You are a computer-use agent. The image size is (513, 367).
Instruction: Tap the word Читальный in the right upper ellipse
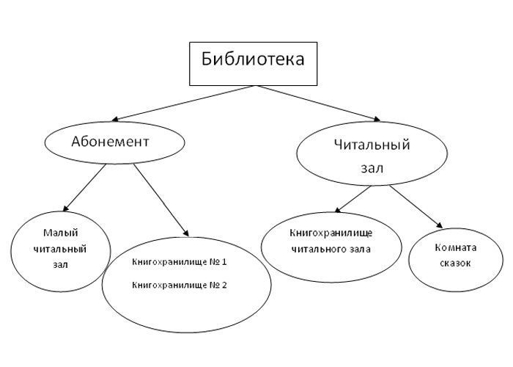click(372, 145)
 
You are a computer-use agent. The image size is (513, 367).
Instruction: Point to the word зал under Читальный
click(372, 168)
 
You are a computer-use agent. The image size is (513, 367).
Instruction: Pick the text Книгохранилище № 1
click(179, 262)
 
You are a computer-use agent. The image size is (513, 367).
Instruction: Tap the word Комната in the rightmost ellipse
click(456, 247)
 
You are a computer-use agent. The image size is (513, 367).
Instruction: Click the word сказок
click(456, 263)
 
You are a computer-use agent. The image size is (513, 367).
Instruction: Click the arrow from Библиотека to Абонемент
click(183, 103)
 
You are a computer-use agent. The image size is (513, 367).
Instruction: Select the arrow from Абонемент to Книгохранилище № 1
click(158, 198)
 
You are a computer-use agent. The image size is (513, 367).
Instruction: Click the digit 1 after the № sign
click(224, 262)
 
